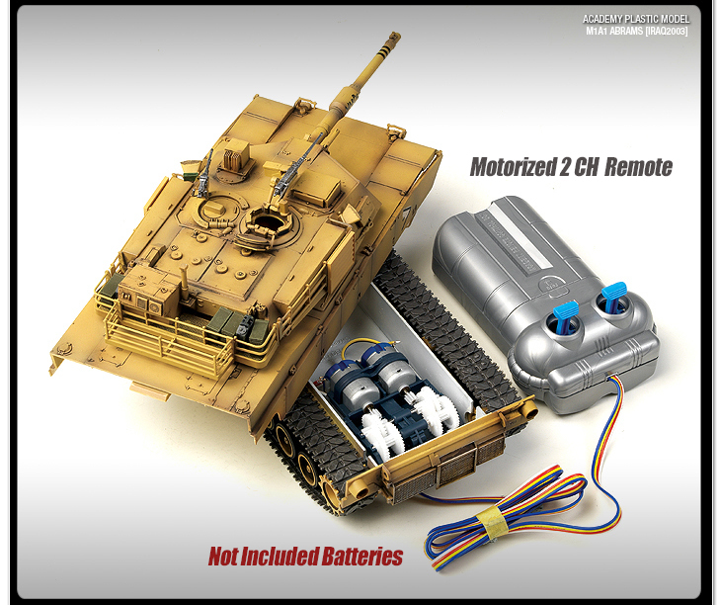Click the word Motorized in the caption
tap(514, 167)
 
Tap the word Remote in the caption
tap(638, 167)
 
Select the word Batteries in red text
tap(362, 557)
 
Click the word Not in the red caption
tap(225, 557)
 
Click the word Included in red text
tap(280, 557)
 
